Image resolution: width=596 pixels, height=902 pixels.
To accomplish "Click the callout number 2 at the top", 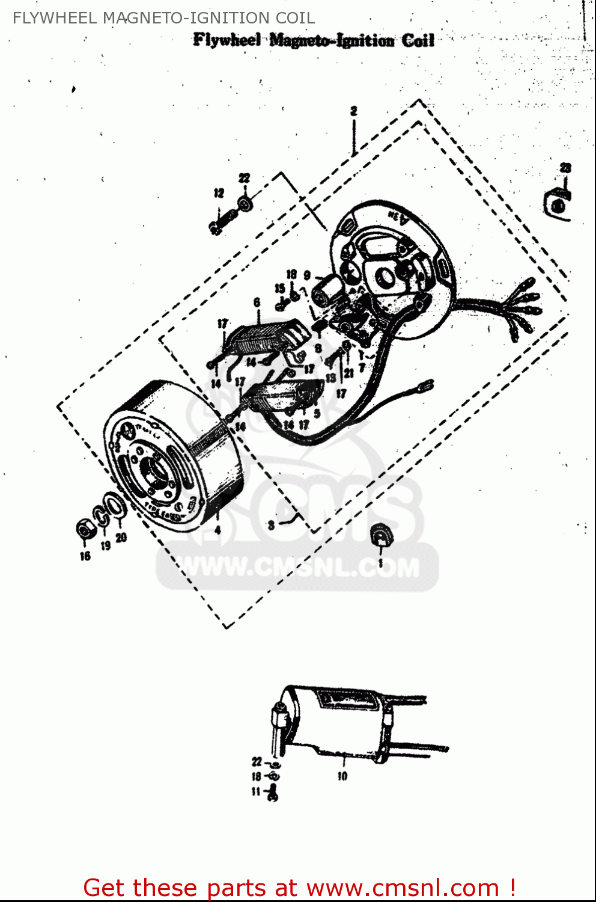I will [x=354, y=111].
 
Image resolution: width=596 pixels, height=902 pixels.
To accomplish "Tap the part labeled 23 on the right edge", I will [x=558, y=202].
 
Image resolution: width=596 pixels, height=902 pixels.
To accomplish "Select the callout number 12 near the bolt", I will [x=219, y=193].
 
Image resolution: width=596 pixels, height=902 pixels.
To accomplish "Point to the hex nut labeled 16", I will [x=84, y=530].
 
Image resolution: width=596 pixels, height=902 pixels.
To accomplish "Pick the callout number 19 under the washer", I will [x=106, y=546].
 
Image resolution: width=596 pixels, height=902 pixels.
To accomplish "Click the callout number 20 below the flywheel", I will [x=121, y=537].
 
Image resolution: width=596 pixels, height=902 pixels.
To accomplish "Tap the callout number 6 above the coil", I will [x=257, y=302].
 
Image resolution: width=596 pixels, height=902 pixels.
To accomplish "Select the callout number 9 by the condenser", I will [x=307, y=275].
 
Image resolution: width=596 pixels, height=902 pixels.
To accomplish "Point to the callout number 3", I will [x=272, y=525].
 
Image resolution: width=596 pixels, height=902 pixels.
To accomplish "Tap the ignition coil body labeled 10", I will [x=336, y=722].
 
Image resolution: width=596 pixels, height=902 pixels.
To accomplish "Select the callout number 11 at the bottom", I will [x=256, y=791].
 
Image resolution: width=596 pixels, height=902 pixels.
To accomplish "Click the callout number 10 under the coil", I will [x=342, y=776].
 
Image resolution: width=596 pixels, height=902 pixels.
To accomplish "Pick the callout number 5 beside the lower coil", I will [x=317, y=414].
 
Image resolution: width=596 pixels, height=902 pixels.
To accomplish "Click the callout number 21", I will [x=348, y=373].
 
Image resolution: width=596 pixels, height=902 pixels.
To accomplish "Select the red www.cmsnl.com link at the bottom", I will [x=403, y=888].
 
